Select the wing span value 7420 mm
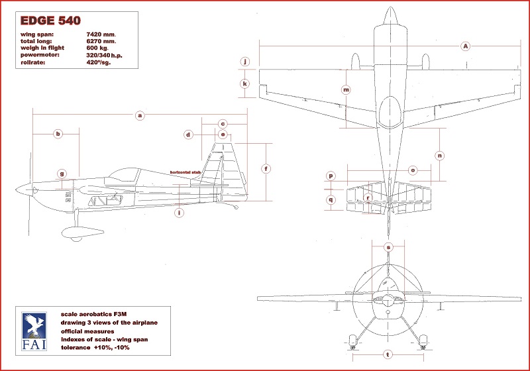(x=101, y=33)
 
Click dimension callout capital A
(x=466, y=46)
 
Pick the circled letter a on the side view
(x=140, y=115)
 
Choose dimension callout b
(x=58, y=134)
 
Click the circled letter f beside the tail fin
(x=266, y=168)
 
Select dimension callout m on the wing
(x=346, y=89)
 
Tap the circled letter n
(x=439, y=155)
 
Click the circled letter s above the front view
(x=388, y=247)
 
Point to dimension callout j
(x=245, y=62)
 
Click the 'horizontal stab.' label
(x=185, y=172)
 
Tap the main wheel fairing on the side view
(x=73, y=231)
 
